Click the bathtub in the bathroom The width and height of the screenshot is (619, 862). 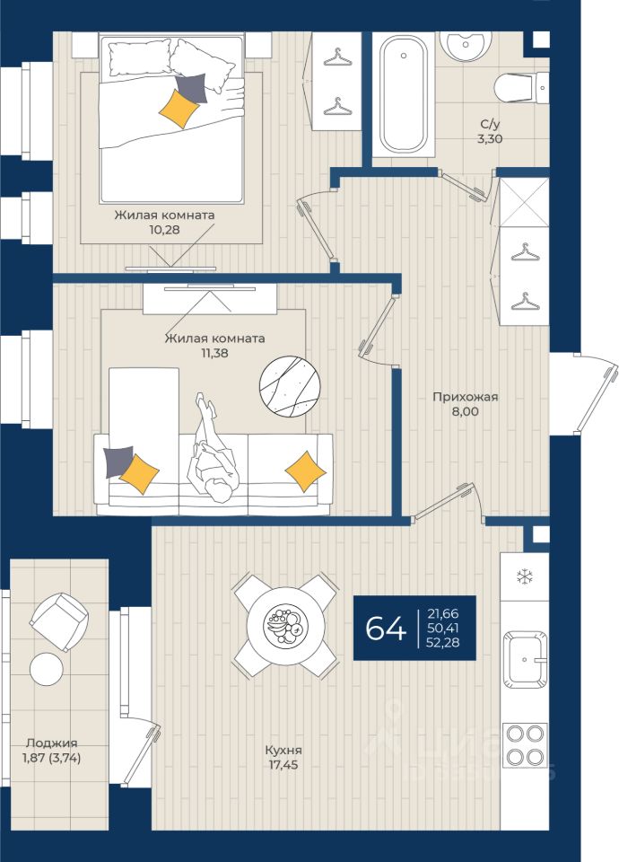pos(404,93)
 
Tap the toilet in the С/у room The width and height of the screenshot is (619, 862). pos(520,87)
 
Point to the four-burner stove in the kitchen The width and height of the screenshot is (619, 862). pos(525,745)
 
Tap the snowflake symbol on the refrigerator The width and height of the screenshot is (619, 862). pos(525,577)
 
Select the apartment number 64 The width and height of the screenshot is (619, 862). pos(386,628)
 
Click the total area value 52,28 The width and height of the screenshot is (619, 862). pos(442,641)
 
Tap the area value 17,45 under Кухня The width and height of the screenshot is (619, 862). pos(283,764)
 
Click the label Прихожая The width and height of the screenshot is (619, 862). pos(466,396)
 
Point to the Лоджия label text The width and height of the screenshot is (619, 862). pos(52,743)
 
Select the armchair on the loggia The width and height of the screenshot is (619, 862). pos(59,621)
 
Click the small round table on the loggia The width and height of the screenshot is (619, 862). pos(47,668)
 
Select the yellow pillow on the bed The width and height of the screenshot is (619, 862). pos(179,109)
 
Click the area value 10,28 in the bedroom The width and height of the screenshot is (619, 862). pos(165,229)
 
